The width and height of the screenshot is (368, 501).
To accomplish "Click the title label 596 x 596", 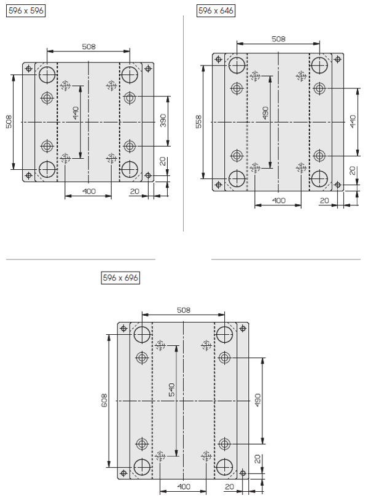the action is point(26,11).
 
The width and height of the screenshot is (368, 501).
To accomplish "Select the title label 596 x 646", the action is point(216,11).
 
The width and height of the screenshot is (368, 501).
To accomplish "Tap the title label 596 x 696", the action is point(120,278).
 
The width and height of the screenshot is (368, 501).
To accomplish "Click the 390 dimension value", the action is point(163,120).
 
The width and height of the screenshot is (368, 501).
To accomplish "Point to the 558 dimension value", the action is point(198,122).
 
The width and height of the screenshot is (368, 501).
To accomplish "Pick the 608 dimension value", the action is point(104,400).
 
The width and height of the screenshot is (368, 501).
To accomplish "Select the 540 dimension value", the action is point(172,389).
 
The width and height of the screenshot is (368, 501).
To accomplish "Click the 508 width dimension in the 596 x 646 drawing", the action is point(278,39).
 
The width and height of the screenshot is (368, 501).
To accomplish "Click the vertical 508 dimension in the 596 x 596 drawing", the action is point(9,122).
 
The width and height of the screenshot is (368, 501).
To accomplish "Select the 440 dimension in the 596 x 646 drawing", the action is point(353,122).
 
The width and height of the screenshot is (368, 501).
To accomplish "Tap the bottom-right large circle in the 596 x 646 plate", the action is point(319,178).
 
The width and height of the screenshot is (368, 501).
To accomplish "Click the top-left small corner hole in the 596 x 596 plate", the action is point(29,69).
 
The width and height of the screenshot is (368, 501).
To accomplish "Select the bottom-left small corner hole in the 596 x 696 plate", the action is point(123,473).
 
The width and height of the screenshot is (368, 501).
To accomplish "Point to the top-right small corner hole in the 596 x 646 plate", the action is point(338,59).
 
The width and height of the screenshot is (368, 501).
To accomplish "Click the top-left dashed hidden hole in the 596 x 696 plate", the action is point(160,345).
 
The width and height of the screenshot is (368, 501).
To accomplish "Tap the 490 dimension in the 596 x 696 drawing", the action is point(258,400).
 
